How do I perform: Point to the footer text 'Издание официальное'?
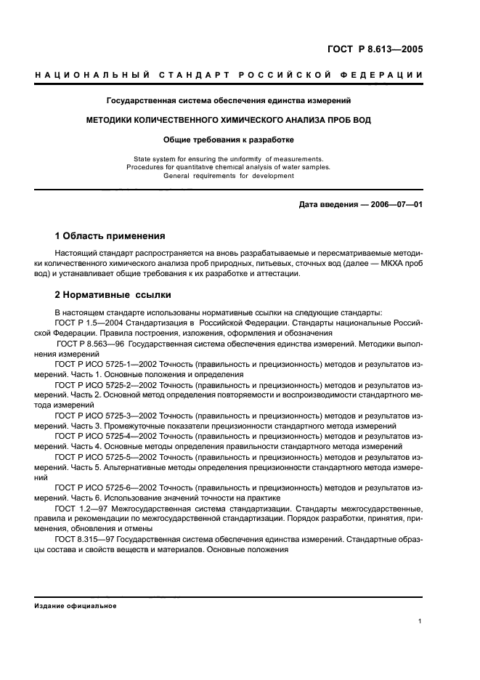pyautogui.click(x=76, y=606)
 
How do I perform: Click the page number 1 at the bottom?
pyautogui.click(x=420, y=621)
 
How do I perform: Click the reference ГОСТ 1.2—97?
pyautogui.click(x=78, y=509)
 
